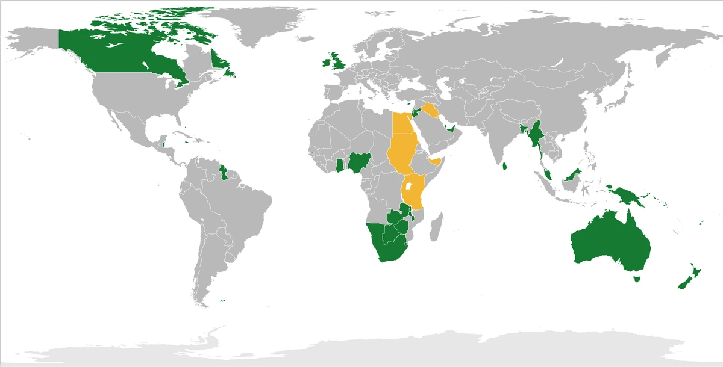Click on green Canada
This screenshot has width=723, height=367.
pyautogui.click(x=120, y=54)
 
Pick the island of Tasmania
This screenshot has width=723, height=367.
pyautogui.click(x=634, y=279)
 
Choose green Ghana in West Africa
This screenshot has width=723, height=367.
pyautogui.click(x=341, y=165)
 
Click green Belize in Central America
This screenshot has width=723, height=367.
pyautogui.click(x=164, y=143)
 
